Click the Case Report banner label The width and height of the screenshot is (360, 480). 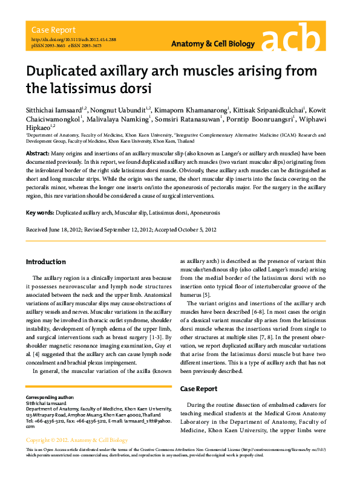53,30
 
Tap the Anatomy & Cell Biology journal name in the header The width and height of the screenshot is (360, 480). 214,45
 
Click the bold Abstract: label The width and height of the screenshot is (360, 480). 37,155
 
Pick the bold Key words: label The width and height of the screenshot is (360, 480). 40,213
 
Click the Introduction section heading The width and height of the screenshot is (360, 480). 45,262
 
